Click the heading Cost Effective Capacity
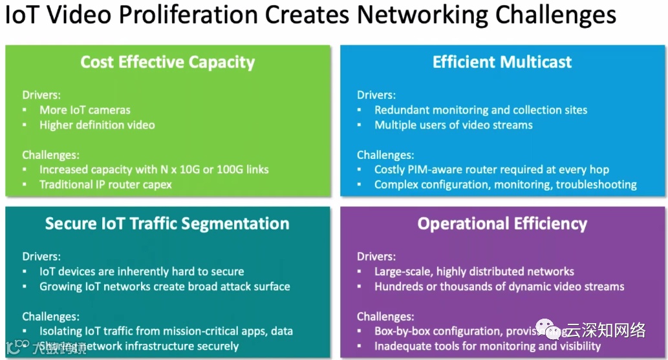167,62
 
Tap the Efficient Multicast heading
502,62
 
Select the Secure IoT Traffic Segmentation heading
167,224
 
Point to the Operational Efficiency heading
502,224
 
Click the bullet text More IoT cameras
85,110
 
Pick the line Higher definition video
97,125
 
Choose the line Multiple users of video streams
453,125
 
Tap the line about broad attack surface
164,286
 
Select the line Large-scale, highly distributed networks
474,271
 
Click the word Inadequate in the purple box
406,346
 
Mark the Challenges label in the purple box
385,317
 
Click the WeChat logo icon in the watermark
554,332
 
